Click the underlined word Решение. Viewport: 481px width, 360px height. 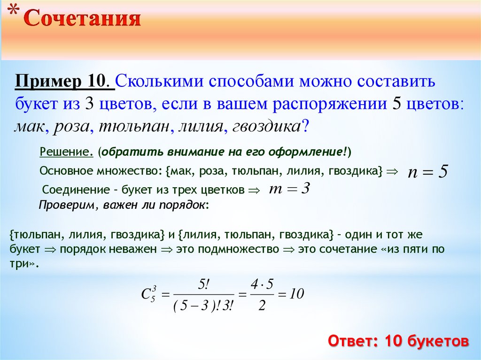click(67, 152)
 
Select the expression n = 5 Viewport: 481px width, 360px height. click(427, 172)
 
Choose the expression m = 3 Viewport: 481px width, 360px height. click(290, 189)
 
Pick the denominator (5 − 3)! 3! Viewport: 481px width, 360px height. click(203, 306)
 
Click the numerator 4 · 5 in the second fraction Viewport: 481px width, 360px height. click(262, 284)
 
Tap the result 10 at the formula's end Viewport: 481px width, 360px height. click(296, 294)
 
